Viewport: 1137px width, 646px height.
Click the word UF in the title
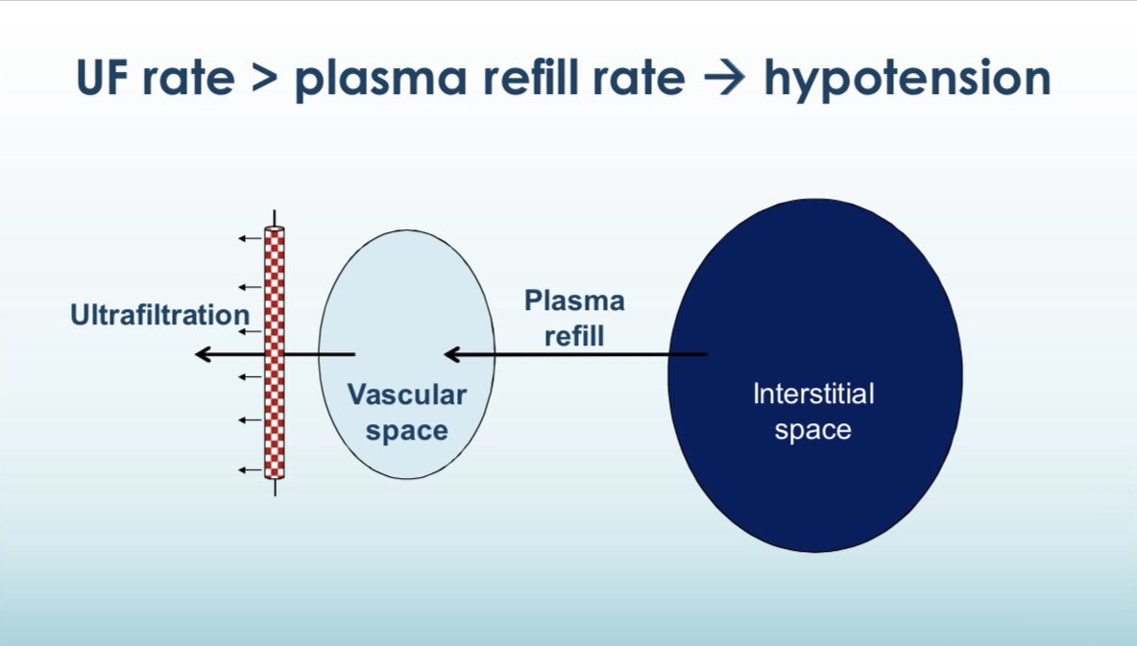pyautogui.click(x=107, y=80)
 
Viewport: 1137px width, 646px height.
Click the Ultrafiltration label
pyautogui.click(x=159, y=315)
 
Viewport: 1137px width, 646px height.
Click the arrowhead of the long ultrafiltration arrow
pyautogui.click(x=203, y=355)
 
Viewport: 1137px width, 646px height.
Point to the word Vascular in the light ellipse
pyautogui.click(x=406, y=395)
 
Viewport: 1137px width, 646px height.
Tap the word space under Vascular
pyautogui.click(x=406, y=431)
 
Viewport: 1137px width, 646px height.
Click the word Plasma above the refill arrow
pyautogui.click(x=574, y=300)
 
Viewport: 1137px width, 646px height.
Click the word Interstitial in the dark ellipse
pyautogui.click(x=813, y=394)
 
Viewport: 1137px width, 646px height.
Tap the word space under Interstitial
pyautogui.click(x=813, y=430)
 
